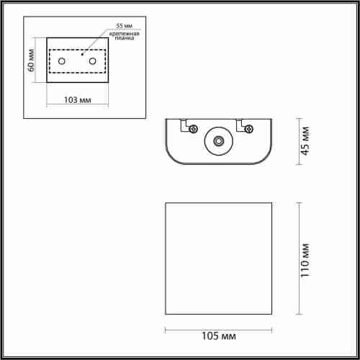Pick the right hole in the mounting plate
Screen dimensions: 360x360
coord(92,62)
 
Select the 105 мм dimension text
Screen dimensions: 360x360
coord(220,336)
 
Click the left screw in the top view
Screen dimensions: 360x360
coord(194,130)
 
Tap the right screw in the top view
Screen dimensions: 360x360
coord(249,130)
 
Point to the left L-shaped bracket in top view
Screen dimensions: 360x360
coord(186,124)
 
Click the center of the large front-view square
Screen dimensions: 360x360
coord(220,258)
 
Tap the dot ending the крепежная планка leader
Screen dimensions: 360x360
coord(84,53)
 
